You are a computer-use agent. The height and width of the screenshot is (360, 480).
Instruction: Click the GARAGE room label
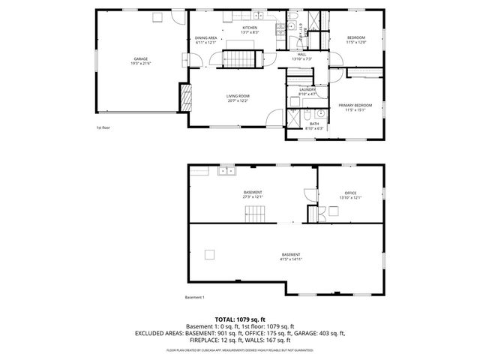click(140, 58)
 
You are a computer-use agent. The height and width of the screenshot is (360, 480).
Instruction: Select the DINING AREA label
click(206, 38)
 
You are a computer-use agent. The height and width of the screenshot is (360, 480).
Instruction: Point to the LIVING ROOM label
click(238, 96)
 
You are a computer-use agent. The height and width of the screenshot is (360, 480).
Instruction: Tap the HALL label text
click(301, 54)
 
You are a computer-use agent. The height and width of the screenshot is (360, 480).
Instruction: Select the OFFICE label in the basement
click(350, 193)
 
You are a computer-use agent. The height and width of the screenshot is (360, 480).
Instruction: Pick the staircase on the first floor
click(244, 58)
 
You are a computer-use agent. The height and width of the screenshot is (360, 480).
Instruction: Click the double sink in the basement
click(226, 172)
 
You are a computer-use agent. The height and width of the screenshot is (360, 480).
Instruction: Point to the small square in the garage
click(157, 16)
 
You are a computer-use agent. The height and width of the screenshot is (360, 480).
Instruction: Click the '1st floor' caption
click(104, 127)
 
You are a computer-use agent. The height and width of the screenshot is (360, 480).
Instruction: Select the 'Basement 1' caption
click(194, 298)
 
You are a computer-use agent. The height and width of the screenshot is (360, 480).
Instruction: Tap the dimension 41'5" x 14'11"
click(291, 259)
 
